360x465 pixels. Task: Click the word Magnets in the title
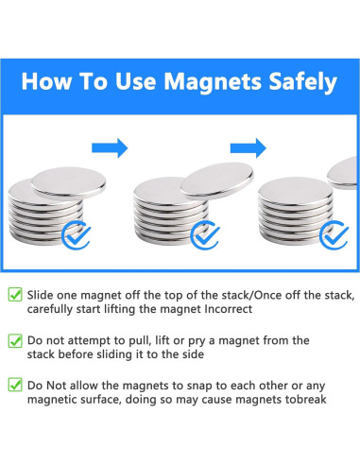213,81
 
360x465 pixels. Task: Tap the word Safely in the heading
302,82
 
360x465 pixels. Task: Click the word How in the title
47,81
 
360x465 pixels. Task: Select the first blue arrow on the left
110,147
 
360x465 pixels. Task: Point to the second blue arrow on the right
249,147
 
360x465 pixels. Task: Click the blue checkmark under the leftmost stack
76,235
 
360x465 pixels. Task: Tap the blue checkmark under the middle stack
205,235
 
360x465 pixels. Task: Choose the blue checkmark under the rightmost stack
334,235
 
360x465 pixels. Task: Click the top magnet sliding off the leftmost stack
69,183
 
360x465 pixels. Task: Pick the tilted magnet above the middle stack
217,180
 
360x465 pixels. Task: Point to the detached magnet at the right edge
343,173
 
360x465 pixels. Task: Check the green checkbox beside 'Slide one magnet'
15,294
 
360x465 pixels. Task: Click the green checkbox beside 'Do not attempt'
15,340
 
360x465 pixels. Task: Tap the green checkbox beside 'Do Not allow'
15,385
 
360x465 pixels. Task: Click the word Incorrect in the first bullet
229,309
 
